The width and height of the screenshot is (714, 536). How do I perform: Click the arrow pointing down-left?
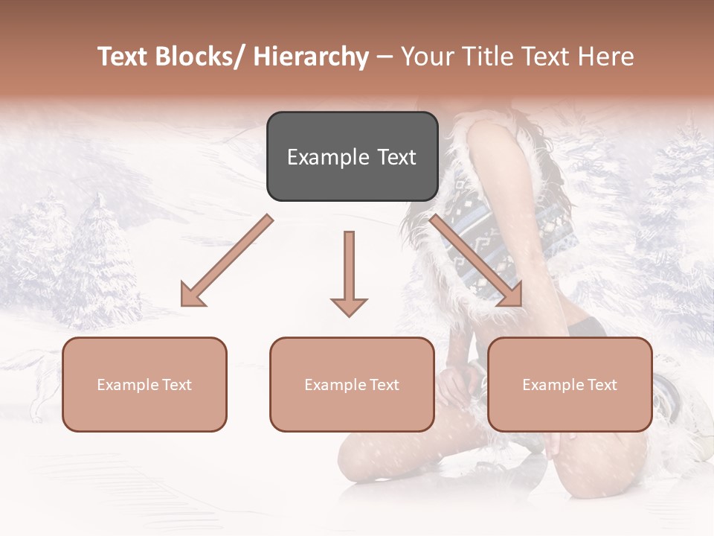coord(227,261)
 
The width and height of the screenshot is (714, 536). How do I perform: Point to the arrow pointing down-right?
coord(476,261)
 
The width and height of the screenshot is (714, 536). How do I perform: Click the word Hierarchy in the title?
coord(311,57)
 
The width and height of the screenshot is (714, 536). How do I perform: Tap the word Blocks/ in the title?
coord(202,57)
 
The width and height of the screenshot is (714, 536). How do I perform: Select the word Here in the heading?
coord(606,57)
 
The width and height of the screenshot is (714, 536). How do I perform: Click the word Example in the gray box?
coord(327,157)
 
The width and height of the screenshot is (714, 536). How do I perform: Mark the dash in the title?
coord(385,57)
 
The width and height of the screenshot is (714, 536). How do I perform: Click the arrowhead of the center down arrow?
coord(349,306)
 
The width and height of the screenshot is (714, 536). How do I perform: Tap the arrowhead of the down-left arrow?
coord(191,295)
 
